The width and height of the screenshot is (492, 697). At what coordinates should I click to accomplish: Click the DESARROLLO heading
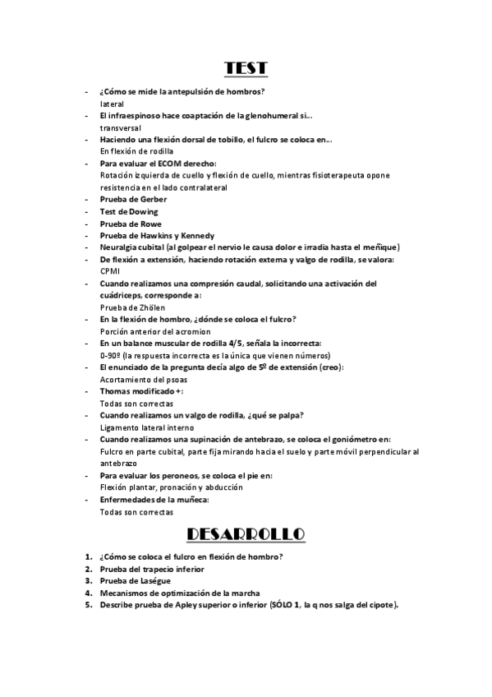click(246, 535)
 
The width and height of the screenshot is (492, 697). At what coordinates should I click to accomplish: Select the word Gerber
click(154, 200)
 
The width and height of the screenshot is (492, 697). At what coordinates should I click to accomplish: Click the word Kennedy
click(196, 236)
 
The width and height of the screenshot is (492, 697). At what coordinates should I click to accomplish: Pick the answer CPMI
click(110, 271)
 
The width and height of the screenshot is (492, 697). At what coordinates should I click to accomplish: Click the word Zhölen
click(139, 307)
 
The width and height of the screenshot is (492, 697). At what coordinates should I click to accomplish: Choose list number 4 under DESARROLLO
click(89, 593)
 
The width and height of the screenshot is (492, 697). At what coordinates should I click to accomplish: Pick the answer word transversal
click(121, 128)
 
